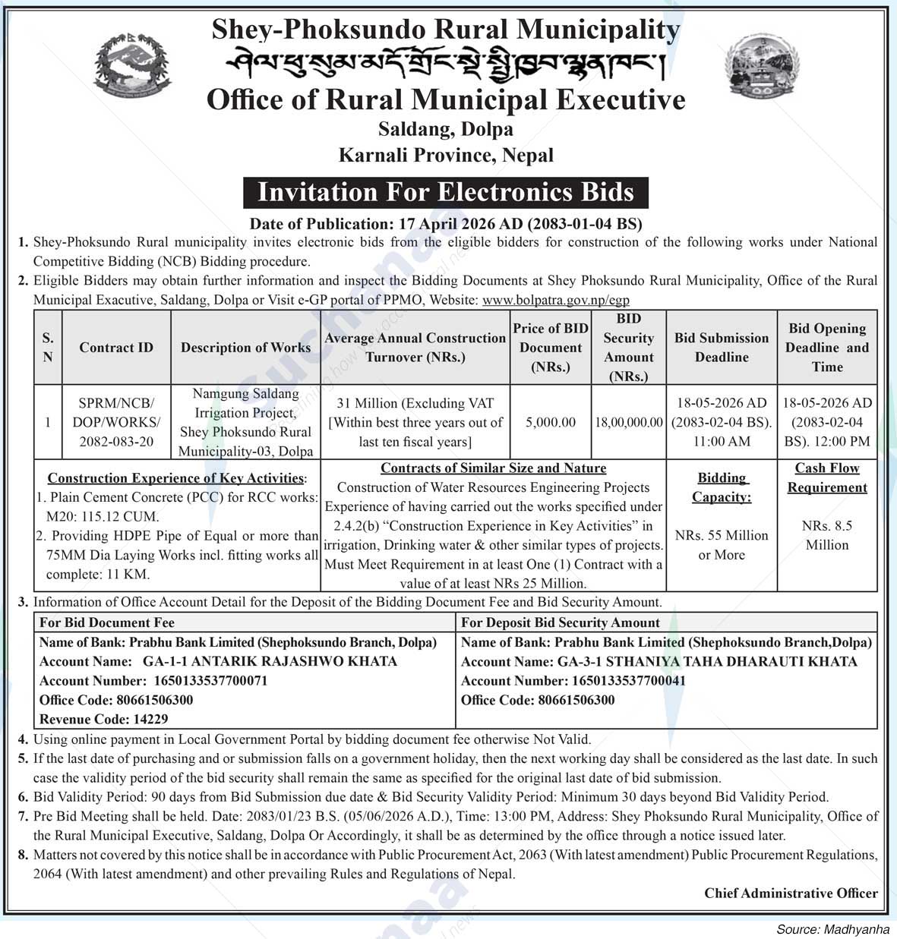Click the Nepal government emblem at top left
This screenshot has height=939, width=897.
[131, 71]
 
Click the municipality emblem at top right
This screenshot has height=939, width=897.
[762, 70]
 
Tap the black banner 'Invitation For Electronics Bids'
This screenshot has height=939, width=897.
[446, 192]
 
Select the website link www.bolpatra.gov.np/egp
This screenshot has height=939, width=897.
[556, 300]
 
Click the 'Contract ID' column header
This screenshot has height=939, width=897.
[116, 348]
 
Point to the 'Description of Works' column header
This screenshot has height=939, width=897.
[245, 348]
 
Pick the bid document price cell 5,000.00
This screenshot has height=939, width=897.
[551, 422]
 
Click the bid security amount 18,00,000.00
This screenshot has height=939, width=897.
[629, 422]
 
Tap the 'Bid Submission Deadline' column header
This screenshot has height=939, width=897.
[722, 348]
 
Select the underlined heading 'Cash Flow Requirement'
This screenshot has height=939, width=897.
[827, 478]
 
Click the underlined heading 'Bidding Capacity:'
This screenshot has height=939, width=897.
[722, 487]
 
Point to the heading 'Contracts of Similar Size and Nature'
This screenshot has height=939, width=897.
[493, 468]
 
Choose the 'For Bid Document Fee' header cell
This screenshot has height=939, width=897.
[107, 622]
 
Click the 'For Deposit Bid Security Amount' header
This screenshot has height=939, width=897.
[561, 622]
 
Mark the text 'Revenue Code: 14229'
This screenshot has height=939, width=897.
[104, 719]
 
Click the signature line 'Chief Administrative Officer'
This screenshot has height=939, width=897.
[791, 893]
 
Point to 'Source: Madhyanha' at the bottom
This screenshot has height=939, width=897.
[832, 929]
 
